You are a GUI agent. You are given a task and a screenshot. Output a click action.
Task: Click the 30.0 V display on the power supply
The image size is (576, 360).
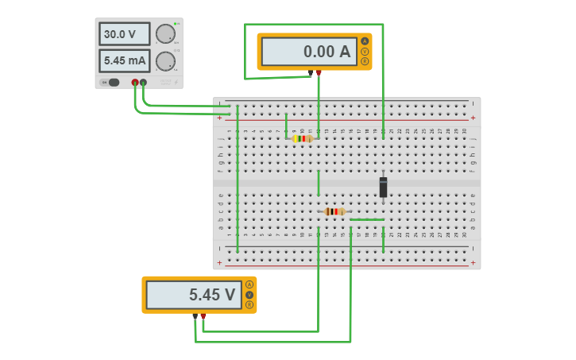pos(124,34)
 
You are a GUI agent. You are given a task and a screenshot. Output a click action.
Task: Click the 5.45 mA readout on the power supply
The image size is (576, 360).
pos(124,61)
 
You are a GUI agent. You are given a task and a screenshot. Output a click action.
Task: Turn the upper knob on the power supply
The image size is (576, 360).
pos(165,34)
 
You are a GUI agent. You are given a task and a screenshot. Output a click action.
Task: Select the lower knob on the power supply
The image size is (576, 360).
pos(165,61)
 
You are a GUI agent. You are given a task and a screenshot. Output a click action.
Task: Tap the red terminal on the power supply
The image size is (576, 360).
pos(135,82)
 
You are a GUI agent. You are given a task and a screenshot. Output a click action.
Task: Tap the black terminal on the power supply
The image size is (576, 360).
pos(143,82)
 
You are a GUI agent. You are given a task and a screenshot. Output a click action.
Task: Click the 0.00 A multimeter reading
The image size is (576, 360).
pos(308,52)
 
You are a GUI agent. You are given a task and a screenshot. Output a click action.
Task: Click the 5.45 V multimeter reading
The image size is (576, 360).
pos(193,295)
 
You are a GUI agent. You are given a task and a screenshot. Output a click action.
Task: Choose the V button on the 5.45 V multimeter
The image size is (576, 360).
pos(249,295)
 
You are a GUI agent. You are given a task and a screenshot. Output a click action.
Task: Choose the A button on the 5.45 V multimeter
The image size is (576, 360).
pos(249,285)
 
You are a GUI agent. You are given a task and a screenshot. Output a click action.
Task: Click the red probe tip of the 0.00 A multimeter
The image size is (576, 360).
pos(319,72)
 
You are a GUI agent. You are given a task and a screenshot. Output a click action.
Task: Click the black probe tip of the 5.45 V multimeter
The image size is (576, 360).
pos(195,316)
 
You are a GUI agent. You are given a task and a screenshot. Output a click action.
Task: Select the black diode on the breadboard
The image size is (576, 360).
pos(383,187)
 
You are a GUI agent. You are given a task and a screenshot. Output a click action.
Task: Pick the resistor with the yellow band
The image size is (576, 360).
pos(303,138)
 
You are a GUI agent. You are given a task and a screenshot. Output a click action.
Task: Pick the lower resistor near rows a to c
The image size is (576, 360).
pos(334,211)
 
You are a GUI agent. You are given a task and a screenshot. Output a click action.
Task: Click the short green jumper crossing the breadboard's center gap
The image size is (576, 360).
pos(319,183)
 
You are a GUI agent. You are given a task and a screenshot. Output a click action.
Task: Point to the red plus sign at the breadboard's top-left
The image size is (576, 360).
pos(220,118)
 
